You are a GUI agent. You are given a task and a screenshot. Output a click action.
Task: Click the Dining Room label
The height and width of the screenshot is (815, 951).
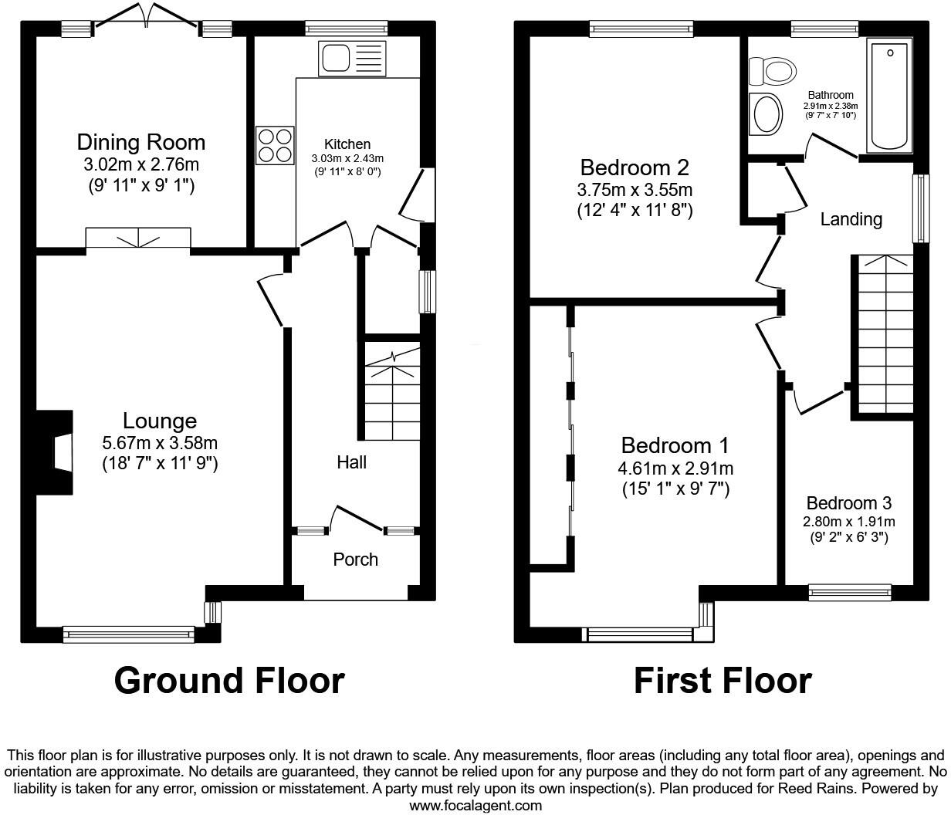coord(140,142)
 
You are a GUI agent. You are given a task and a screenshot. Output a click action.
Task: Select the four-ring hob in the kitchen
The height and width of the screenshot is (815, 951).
coord(276,145)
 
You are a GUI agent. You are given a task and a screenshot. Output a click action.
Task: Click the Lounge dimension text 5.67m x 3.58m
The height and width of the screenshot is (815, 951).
coord(160,443)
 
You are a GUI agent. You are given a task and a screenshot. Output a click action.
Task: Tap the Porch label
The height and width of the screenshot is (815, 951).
coord(356,559)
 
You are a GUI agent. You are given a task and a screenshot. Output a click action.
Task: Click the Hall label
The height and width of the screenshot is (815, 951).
coord(351,462)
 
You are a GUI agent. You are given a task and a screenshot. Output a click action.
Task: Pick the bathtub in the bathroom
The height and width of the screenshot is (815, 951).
coord(891,96)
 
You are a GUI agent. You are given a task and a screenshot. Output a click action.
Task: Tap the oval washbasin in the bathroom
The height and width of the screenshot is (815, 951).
coord(767,113)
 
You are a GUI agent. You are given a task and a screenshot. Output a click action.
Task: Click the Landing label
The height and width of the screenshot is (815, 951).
coord(851,219)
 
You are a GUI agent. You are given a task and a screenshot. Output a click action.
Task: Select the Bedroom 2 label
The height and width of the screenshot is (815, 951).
coord(635,167)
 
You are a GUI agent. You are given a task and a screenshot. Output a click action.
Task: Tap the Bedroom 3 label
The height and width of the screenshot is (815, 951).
coord(848,503)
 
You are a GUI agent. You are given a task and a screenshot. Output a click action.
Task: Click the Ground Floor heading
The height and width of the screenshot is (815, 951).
coord(229,681)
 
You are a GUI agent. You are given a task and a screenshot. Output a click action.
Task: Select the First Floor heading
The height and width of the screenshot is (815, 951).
coord(723,681)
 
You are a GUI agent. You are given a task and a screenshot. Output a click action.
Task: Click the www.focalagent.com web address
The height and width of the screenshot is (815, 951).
coord(475,806)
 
